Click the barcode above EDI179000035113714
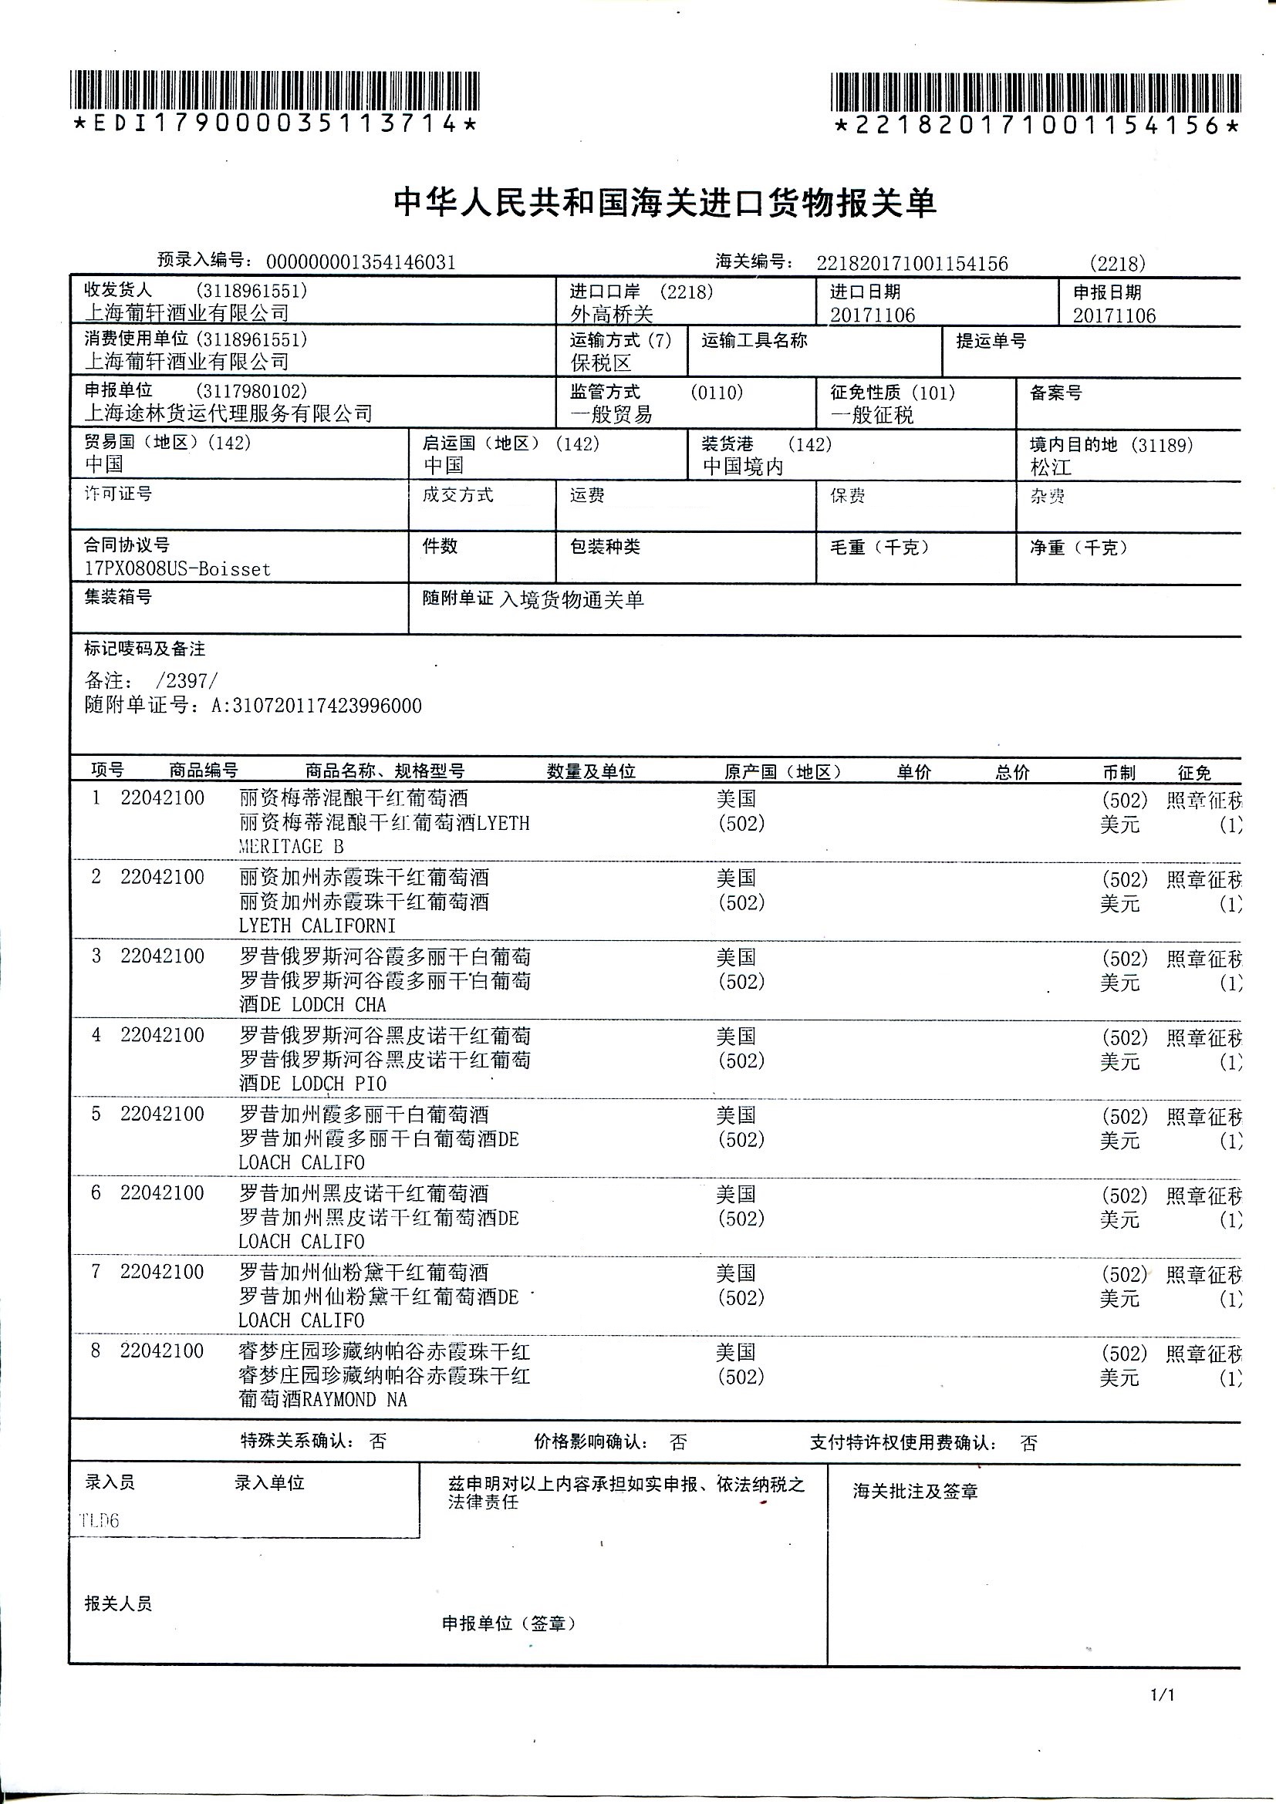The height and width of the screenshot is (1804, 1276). [x=274, y=90]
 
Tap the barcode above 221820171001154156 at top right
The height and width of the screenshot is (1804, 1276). [x=1035, y=92]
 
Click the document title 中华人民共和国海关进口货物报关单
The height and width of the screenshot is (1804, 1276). [x=664, y=204]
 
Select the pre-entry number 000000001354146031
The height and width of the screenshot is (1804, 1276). [x=360, y=262]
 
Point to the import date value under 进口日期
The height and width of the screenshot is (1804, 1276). [x=873, y=315]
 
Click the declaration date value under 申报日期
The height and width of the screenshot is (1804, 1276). [x=1114, y=316]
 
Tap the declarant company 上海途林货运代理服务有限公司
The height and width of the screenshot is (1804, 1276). [x=228, y=413]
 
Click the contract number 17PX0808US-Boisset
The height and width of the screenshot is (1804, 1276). [x=177, y=569]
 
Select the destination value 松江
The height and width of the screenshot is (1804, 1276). [x=1051, y=467]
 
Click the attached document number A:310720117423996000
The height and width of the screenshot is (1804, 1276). [x=316, y=706]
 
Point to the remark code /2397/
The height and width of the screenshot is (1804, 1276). [x=187, y=680]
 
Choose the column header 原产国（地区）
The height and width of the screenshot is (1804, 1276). [x=781, y=771]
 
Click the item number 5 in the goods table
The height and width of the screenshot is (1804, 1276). [x=96, y=1114]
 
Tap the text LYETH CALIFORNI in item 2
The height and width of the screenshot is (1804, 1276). [x=317, y=926]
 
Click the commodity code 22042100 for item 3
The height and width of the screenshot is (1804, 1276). [x=162, y=956]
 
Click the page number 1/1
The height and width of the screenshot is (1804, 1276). [x=1162, y=1694]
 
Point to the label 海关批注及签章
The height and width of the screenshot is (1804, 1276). [x=916, y=1492]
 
